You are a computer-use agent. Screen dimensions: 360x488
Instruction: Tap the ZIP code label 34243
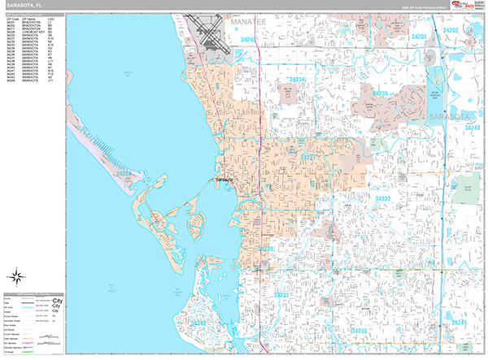[x=249, y=39]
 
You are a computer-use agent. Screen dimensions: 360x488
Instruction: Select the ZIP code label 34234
[x=297, y=80]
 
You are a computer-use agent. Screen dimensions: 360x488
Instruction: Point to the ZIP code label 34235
[x=381, y=94]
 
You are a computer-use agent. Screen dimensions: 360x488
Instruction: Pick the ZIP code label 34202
[x=451, y=31]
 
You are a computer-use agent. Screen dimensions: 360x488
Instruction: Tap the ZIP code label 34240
[x=472, y=128]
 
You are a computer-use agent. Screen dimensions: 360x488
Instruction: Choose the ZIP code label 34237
[x=309, y=156]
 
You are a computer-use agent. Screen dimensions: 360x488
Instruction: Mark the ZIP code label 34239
[x=265, y=249]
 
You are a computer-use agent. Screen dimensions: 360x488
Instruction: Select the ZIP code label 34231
[x=281, y=293]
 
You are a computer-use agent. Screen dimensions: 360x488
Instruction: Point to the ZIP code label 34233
[x=358, y=331]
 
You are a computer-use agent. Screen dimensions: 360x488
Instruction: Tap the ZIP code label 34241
[x=460, y=323]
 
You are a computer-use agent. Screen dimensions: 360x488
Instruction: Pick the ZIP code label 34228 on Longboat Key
[x=124, y=173]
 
